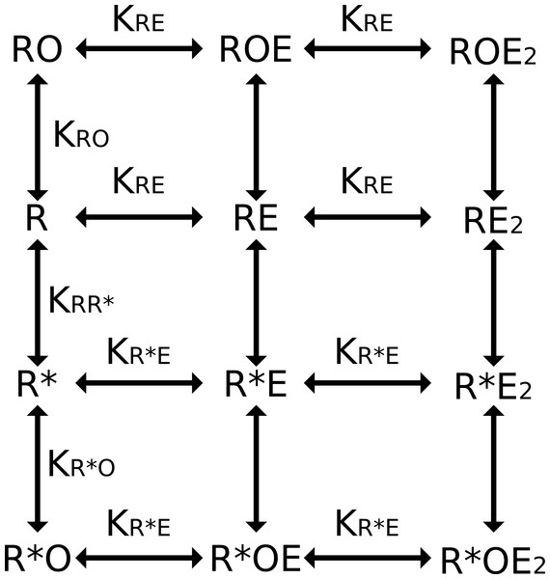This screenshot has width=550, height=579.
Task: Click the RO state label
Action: point(37,49)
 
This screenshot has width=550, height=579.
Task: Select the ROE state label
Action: point(256,49)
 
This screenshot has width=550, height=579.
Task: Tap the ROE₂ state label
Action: point(493,52)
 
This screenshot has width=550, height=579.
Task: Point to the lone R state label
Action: point(37,217)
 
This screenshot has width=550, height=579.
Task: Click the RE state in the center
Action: point(256,217)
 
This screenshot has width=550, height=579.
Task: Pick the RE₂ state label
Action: point(493,221)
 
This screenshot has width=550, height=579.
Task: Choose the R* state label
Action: point(37,384)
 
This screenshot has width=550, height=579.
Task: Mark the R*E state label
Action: point(256,384)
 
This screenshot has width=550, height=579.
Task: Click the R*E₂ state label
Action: point(493,387)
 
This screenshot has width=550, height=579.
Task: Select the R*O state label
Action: point(37,559)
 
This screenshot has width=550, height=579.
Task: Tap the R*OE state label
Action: point(256,559)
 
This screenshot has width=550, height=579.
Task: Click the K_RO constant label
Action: point(82,135)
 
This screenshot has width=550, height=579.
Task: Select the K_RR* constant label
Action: point(82,300)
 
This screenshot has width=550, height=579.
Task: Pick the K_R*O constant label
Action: point(82,464)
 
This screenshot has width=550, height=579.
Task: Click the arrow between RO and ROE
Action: point(139,48)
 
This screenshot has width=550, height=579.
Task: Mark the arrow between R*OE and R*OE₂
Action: point(368,558)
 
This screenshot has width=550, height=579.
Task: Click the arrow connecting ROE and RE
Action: point(256,137)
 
